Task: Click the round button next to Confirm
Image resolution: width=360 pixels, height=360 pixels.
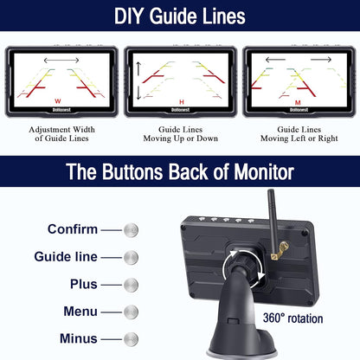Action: pos(131,229)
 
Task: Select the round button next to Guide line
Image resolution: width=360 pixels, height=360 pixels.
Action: pos(131,257)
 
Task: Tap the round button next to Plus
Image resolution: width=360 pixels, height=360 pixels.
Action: pos(131,284)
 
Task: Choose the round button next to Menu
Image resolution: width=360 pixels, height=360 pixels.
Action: pos(131,312)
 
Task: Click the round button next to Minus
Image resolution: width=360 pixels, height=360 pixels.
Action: pos(131,339)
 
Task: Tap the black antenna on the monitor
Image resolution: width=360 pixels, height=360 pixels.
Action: pos(271,216)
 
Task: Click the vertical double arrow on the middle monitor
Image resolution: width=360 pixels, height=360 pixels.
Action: pos(138,83)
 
